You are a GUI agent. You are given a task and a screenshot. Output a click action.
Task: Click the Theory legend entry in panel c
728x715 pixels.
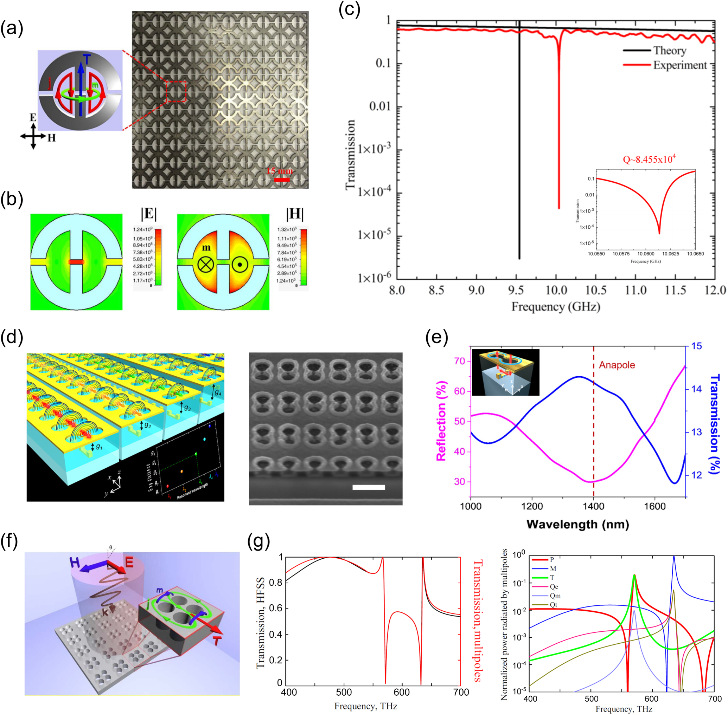(669, 50)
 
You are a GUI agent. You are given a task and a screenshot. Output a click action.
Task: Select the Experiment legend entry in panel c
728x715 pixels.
(679, 65)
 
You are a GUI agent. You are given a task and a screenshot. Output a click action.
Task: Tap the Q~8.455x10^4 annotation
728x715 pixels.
(649, 159)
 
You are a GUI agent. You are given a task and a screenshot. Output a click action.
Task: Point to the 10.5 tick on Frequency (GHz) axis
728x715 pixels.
(596, 290)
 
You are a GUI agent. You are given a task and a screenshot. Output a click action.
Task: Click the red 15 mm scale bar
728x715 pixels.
(282, 180)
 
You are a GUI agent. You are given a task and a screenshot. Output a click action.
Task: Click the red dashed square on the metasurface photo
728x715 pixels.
(176, 91)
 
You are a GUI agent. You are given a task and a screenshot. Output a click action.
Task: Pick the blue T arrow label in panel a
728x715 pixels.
(87, 59)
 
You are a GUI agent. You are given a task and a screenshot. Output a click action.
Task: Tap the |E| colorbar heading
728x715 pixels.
(149, 214)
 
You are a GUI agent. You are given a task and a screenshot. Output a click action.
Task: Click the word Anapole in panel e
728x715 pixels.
(617, 365)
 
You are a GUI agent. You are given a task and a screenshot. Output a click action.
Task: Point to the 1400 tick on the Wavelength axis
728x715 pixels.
(593, 506)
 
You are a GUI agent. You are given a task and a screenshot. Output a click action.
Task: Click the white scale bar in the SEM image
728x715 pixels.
(368, 487)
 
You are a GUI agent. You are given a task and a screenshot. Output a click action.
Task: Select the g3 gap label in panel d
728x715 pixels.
(187, 408)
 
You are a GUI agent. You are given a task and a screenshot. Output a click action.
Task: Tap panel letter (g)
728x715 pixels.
(258, 542)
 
